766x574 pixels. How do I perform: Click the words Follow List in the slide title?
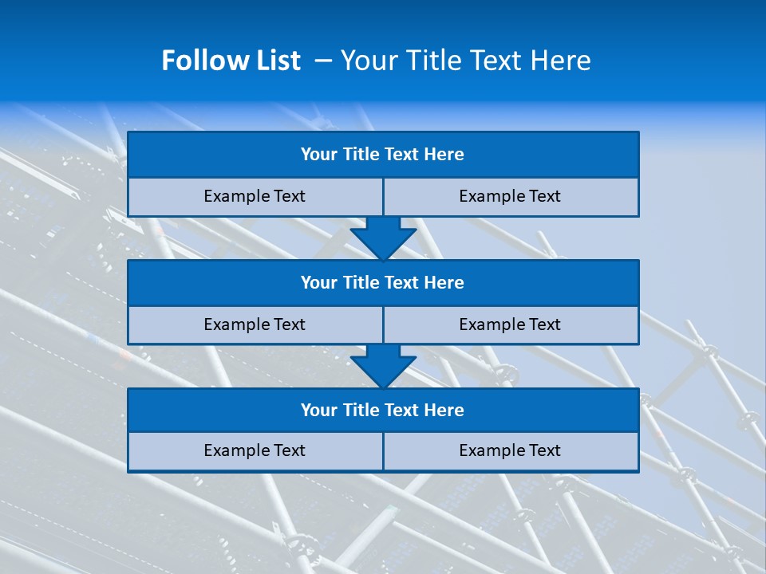(231, 61)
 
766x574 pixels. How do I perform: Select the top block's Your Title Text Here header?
(382, 155)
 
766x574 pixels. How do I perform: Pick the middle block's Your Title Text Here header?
(382, 282)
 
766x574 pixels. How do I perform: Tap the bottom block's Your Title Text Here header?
(382, 410)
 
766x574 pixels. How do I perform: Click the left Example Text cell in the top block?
(255, 196)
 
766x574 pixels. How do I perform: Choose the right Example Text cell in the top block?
(510, 196)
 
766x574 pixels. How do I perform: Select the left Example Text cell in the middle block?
(255, 324)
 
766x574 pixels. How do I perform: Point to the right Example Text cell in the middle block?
(510, 324)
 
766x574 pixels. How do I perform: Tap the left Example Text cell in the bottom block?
(255, 450)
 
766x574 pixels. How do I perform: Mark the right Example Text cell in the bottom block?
(510, 450)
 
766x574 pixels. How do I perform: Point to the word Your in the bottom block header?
(319, 410)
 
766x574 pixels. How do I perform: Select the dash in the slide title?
(324, 61)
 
